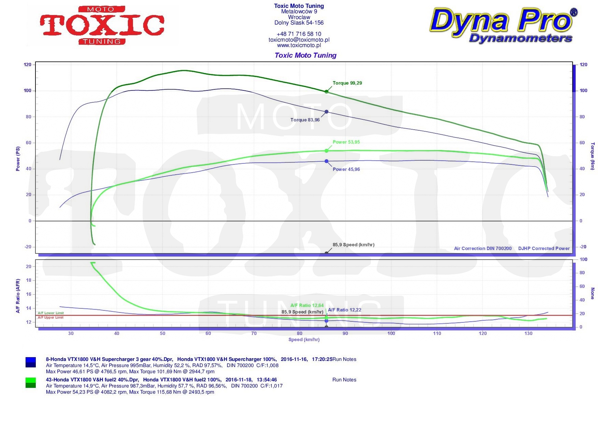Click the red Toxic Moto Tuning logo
(x=102, y=26)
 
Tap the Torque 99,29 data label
(x=347, y=83)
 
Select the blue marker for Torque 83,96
(x=327, y=112)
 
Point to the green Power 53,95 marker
(x=327, y=151)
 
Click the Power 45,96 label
(x=346, y=169)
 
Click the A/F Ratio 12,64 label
(x=307, y=305)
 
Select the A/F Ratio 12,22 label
(x=344, y=310)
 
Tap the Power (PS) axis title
(x=18, y=159)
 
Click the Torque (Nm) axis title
(x=593, y=156)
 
